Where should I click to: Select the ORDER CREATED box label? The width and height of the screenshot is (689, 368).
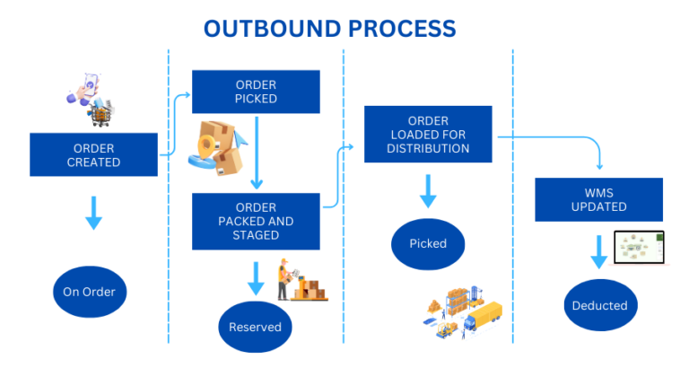point(94,155)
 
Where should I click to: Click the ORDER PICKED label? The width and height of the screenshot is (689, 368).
point(256,92)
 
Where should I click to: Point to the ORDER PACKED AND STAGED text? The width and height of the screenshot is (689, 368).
point(256,221)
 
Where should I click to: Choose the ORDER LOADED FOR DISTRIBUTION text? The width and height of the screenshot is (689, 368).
point(428,135)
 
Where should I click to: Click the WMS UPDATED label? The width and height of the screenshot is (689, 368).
point(598,199)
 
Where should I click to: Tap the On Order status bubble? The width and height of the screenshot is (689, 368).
point(89,292)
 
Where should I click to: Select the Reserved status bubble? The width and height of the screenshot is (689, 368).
point(255,327)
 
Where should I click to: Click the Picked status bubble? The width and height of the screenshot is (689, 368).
point(428,243)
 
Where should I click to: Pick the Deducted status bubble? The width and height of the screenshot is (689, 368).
point(599,305)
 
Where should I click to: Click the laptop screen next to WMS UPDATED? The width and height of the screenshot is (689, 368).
point(639,247)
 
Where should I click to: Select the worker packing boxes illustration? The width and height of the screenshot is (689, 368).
point(301,280)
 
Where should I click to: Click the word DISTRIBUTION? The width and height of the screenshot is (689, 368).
point(428,148)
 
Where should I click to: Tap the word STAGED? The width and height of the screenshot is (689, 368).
point(256,235)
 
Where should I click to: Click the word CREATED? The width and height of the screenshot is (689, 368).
point(94,162)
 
